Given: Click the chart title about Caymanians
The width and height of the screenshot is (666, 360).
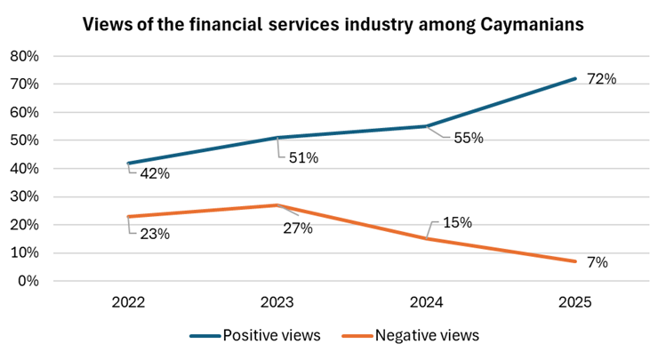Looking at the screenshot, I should (333, 25).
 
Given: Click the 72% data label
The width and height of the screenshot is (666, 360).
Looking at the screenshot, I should (601, 79).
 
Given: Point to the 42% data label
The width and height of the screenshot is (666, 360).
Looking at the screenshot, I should (155, 173).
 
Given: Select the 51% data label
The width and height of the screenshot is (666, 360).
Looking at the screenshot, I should (303, 158).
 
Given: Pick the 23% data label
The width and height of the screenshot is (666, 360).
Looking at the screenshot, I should (155, 235).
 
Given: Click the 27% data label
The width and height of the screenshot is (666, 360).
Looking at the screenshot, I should (298, 228).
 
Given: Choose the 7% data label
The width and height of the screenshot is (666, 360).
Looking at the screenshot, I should (598, 262).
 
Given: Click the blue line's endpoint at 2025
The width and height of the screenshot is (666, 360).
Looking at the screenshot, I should (575, 78).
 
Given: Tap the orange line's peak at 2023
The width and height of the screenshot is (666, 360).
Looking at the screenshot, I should (277, 205).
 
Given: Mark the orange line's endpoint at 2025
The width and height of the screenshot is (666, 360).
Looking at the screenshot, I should (575, 261).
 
